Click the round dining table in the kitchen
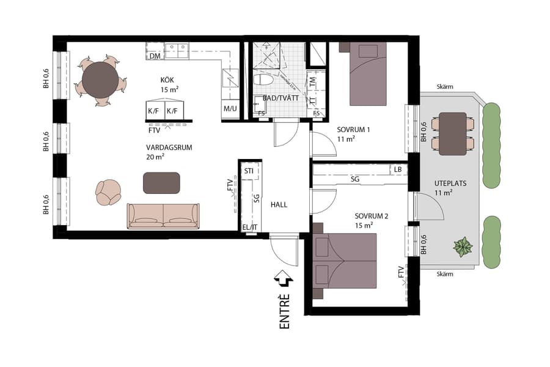point(101,80)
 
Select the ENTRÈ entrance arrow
point(284,279)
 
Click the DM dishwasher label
point(155,56)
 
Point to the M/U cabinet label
point(230,109)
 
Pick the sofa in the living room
point(163,216)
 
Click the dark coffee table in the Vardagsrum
point(161,182)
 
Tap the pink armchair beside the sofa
point(109,192)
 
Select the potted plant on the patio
point(463,247)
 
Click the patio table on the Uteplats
point(453,133)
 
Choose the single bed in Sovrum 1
point(367,75)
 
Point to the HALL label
point(279,205)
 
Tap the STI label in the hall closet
point(249,171)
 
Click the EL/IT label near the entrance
point(249,228)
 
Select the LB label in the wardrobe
point(398,169)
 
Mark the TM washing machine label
point(312,81)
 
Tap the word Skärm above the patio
point(445,87)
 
